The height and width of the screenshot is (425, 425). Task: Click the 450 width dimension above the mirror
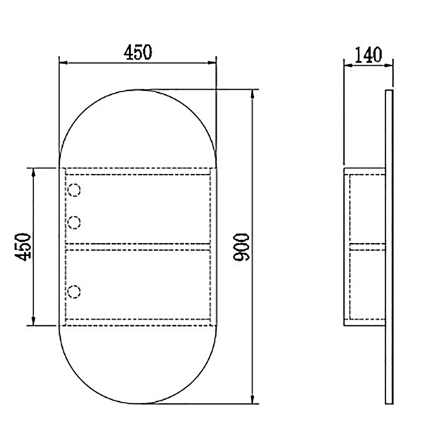point(138,52)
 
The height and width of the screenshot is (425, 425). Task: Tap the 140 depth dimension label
point(368,55)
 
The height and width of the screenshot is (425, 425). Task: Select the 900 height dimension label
point(241,247)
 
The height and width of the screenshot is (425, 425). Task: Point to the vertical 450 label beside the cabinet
point(23,247)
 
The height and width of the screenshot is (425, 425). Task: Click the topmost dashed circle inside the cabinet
point(74,190)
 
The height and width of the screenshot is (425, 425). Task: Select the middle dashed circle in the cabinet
point(74,223)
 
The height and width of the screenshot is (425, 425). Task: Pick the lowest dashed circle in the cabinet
point(74,292)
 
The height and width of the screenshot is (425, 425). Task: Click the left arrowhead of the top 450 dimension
point(63,63)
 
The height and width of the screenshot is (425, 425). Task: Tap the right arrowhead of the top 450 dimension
point(212,63)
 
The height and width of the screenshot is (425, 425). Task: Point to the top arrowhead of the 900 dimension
point(252,94)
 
